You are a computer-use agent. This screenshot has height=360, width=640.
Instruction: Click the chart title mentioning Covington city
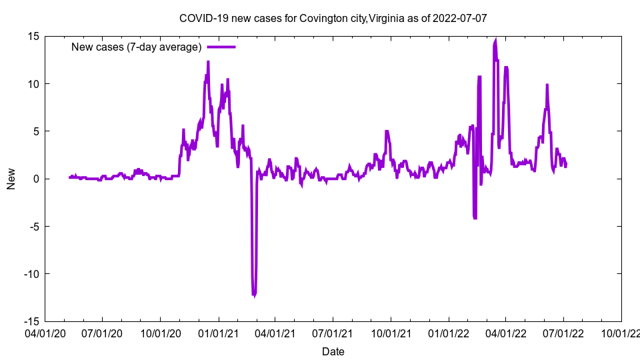click(x=333, y=18)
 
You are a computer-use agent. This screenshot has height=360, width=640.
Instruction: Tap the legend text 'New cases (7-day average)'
click(x=137, y=47)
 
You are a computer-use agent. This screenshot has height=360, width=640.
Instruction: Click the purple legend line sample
click(x=221, y=47)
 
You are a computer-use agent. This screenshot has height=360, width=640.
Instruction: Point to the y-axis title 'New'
click(x=11, y=179)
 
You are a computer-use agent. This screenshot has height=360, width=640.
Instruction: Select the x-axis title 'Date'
click(x=333, y=351)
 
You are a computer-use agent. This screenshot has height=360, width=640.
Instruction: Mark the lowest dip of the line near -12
click(x=253, y=294)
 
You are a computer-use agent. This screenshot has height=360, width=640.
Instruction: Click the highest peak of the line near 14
click(x=495, y=41)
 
